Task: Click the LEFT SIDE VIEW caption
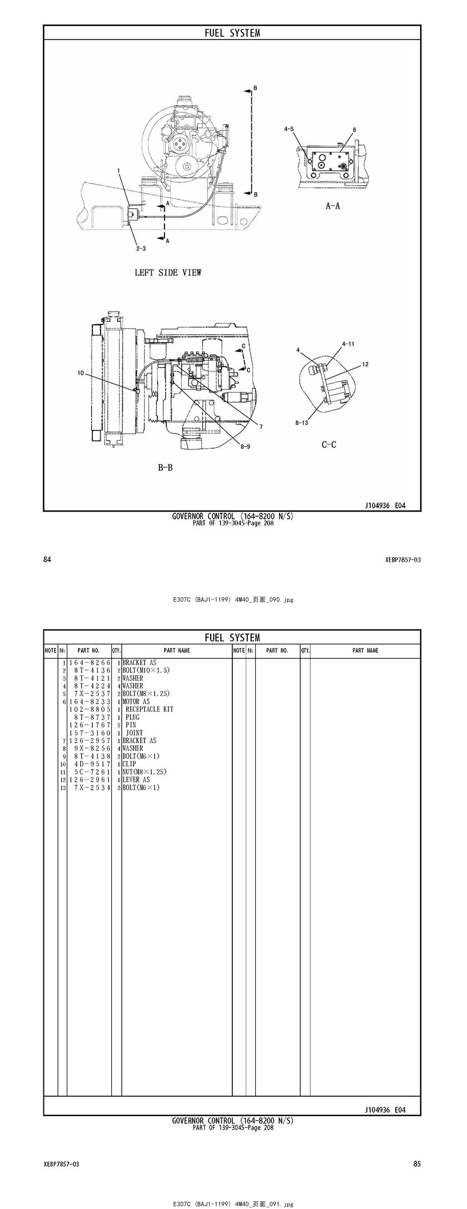click(x=168, y=272)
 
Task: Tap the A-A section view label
click(x=333, y=206)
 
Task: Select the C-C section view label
click(x=329, y=444)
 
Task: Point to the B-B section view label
click(x=165, y=468)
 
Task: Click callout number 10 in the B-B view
click(x=81, y=373)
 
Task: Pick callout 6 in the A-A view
click(x=354, y=130)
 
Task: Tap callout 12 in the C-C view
click(x=365, y=365)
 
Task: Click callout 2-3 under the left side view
click(x=141, y=249)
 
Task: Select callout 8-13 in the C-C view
click(x=301, y=423)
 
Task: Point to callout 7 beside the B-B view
click(x=260, y=427)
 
